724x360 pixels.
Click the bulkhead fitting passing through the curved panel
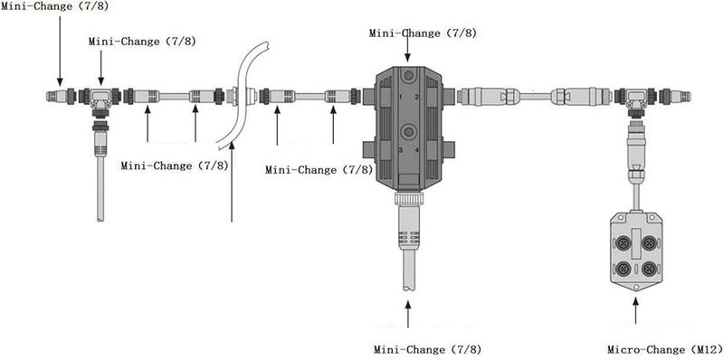[233, 95]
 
